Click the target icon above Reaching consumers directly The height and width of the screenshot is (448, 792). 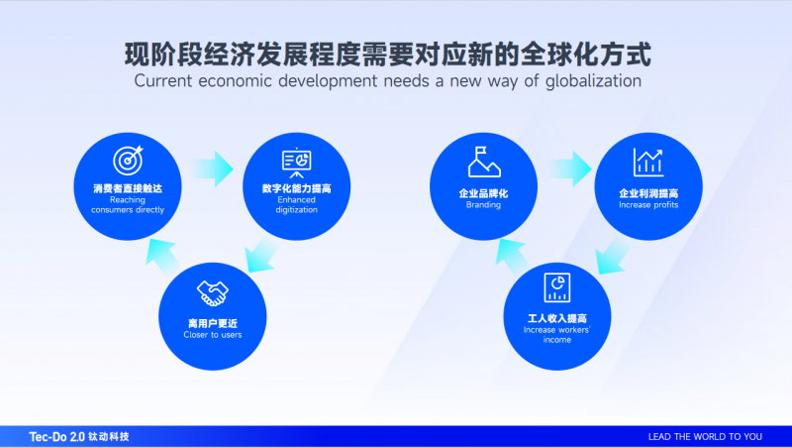[x=129, y=161]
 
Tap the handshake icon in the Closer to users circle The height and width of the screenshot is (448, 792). [x=213, y=293]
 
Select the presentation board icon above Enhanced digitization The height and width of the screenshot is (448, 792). [x=296, y=163]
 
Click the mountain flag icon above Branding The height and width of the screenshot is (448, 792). [x=484, y=162]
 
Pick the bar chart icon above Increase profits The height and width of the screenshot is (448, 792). [x=648, y=162]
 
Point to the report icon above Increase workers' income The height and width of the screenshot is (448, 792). [x=557, y=287]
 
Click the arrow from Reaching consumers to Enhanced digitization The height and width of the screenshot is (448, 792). [x=212, y=168]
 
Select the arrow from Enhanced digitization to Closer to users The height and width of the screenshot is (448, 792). [x=260, y=256]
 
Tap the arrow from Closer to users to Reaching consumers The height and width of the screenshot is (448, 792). [x=162, y=257]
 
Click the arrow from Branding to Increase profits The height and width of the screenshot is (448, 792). [x=570, y=168]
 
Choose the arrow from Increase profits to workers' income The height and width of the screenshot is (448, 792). [x=612, y=257]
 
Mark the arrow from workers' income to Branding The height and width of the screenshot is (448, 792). [x=513, y=257]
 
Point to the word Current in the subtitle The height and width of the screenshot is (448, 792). [x=163, y=81]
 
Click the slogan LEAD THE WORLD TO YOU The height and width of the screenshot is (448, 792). [x=705, y=437]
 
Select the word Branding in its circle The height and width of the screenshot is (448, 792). [x=483, y=205]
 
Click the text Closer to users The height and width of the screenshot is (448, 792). [x=213, y=335]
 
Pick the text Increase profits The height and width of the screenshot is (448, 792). [x=648, y=205]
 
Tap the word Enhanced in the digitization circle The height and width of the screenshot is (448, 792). [x=296, y=200]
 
